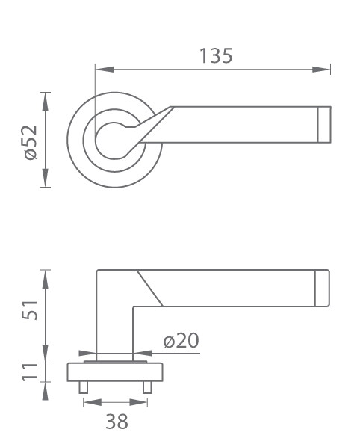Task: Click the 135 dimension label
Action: pos(216,55)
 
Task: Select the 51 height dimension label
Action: pos(30,310)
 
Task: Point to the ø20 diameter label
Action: pos(181,340)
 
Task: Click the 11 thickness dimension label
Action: pos(30,372)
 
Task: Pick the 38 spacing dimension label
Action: pos(117,422)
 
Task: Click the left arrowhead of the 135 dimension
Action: pos(105,70)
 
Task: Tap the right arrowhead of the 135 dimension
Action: pos(321,70)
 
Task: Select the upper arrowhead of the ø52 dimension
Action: pos(45,102)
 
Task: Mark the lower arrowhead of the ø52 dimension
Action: pos(45,178)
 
